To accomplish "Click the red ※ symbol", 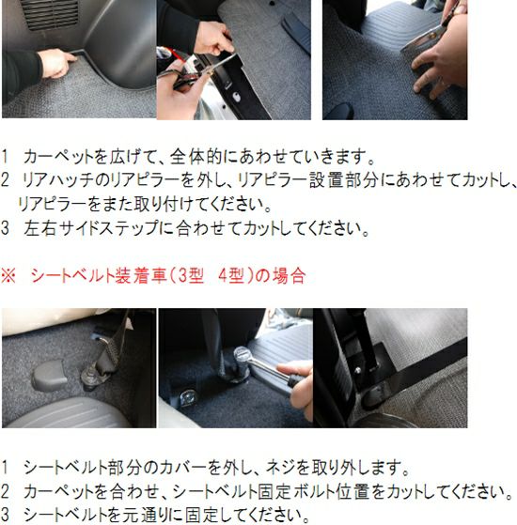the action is (8, 276).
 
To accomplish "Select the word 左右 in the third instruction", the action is (39, 228).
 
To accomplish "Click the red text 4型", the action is (231, 276).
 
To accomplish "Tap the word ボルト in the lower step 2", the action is (314, 491).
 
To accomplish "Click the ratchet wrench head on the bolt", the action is (242, 357).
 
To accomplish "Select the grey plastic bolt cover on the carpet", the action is (49, 375).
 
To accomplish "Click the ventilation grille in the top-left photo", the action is (49, 14).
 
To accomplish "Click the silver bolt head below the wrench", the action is (187, 396).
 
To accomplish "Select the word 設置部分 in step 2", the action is (344, 180).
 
